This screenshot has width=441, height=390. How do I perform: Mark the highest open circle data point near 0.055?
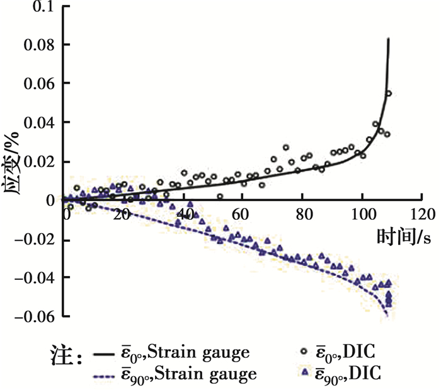389,93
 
